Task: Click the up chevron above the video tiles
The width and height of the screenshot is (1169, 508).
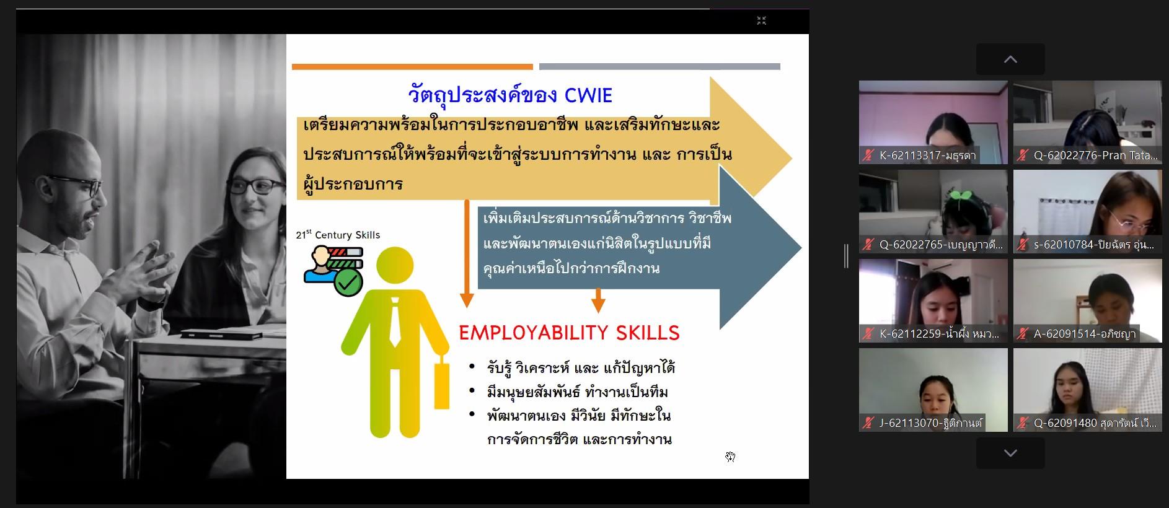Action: [x=1010, y=59]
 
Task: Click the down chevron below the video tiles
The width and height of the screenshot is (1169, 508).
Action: [x=1010, y=453]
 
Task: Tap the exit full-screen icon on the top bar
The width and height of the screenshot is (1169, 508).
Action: [x=762, y=20]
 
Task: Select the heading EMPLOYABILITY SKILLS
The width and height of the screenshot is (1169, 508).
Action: [x=569, y=333]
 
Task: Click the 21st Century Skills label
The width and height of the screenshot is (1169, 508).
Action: [x=338, y=235]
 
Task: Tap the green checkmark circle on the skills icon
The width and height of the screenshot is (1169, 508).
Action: [x=348, y=282]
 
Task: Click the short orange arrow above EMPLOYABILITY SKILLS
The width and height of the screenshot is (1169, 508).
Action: [x=598, y=300]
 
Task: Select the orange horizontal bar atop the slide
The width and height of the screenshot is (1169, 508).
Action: [x=412, y=66]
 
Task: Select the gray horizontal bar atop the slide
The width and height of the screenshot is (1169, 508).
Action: [x=659, y=66]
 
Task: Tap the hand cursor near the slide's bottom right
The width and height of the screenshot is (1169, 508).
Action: [x=731, y=457]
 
